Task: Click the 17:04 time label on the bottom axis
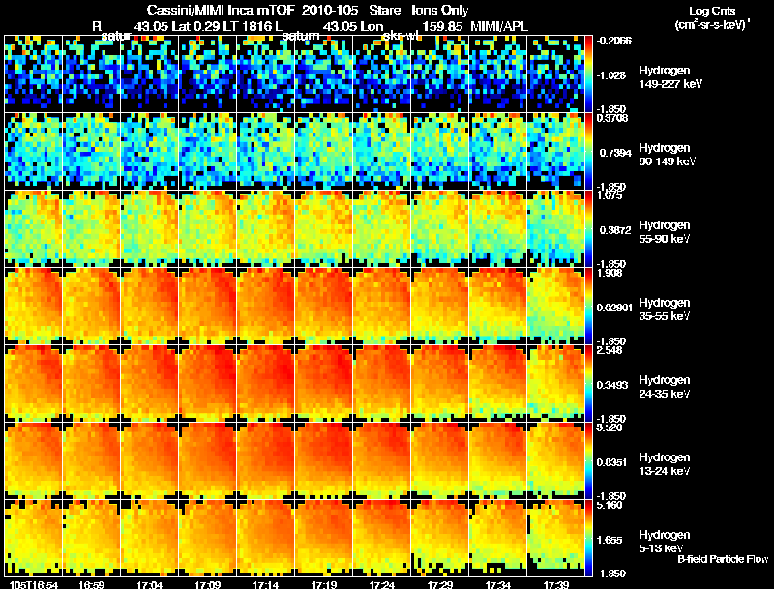(151, 584)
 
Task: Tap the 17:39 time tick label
(556, 584)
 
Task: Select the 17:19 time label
(323, 584)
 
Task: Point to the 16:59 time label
(93, 584)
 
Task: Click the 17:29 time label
(440, 584)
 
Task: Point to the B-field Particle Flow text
(722, 559)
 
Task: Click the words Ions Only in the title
(440, 10)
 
